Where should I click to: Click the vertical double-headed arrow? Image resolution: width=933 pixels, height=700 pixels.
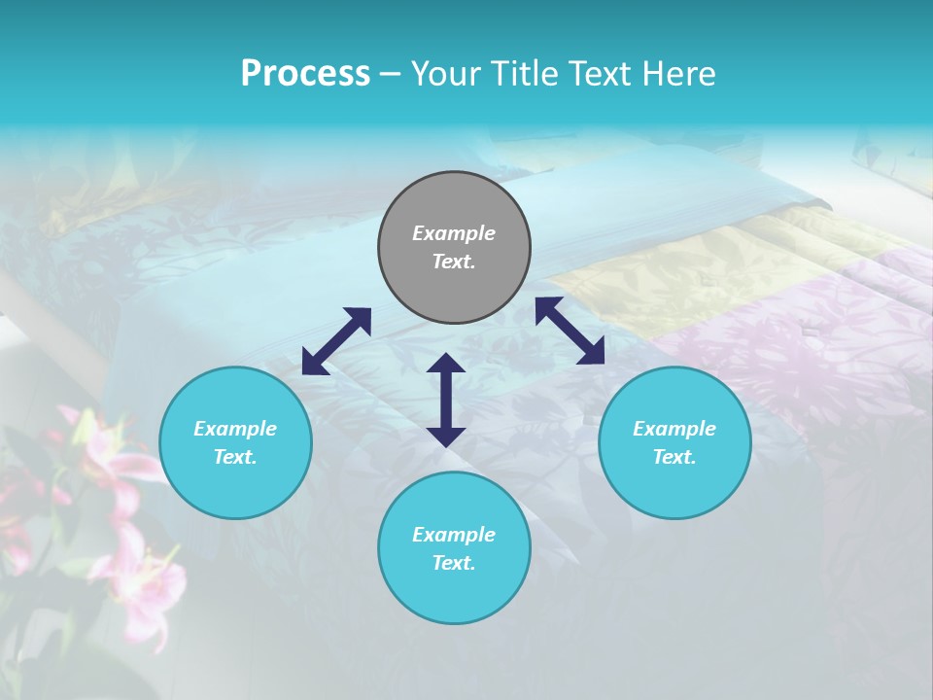[446, 400]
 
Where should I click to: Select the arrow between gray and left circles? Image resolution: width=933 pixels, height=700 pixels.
[336, 341]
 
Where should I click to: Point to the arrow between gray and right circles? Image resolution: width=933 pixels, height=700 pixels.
[570, 331]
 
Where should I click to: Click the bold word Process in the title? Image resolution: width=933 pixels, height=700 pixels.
[305, 74]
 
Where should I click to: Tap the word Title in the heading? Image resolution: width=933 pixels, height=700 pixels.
[527, 74]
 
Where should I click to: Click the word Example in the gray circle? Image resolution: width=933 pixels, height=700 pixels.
[454, 233]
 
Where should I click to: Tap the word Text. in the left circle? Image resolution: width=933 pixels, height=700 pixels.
[235, 457]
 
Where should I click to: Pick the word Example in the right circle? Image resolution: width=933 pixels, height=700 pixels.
[674, 429]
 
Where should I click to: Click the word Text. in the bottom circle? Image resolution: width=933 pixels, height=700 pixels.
[454, 563]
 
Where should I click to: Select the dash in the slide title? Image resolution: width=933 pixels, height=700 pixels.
[390, 75]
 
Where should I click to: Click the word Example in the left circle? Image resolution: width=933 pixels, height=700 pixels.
[235, 429]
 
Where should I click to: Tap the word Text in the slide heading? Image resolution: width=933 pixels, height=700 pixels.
[603, 74]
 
